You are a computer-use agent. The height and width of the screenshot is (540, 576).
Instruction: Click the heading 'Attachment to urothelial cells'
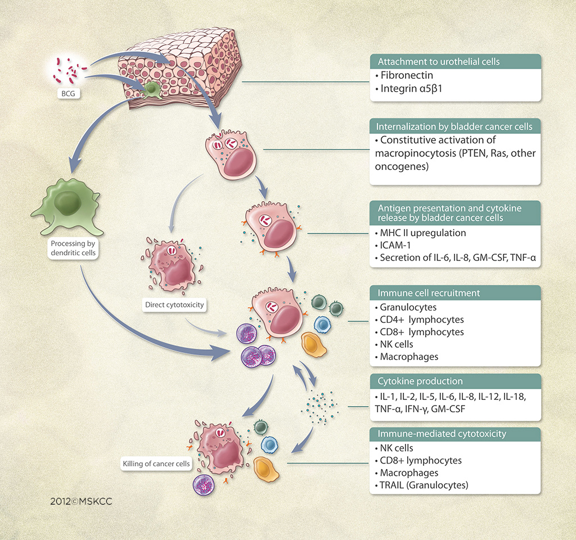pos(431,61)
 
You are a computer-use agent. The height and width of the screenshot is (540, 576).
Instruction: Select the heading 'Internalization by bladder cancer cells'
pos(455,127)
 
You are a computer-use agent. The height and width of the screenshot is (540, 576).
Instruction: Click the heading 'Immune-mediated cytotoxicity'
pos(442,434)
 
